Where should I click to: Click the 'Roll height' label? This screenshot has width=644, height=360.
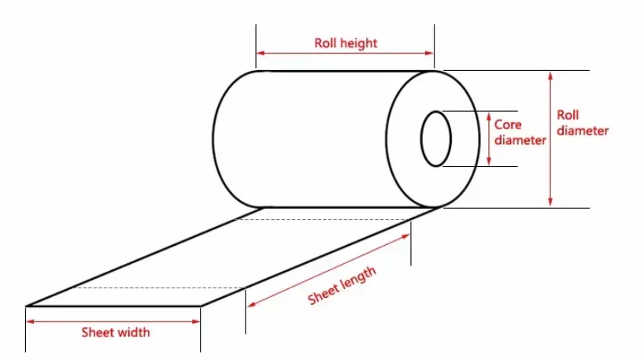[x=346, y=43]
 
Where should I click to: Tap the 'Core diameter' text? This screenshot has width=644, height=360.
[x=520, y=132]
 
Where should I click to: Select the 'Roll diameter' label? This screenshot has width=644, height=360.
[x=582, y=123]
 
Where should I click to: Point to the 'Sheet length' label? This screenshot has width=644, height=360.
[x=342, y=285]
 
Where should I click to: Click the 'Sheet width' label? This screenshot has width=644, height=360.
[x=115, y=332]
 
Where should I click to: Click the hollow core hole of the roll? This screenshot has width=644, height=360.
[x=435, y=139]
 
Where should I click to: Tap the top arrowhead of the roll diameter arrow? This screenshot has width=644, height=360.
[x=551, y=75]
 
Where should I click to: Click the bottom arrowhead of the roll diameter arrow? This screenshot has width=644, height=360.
[x=551, y=202]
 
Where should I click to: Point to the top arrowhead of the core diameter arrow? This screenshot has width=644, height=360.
[x=489, y=115]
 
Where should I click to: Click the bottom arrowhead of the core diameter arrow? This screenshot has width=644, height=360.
[x=489, y=161]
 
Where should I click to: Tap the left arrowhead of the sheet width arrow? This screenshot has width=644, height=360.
[x=31, y=321]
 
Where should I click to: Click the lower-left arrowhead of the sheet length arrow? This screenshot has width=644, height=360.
[x=251, y=305]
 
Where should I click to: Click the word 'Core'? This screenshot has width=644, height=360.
[x=509, y=124]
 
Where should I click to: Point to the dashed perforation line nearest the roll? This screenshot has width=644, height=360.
[x=323, y=219]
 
